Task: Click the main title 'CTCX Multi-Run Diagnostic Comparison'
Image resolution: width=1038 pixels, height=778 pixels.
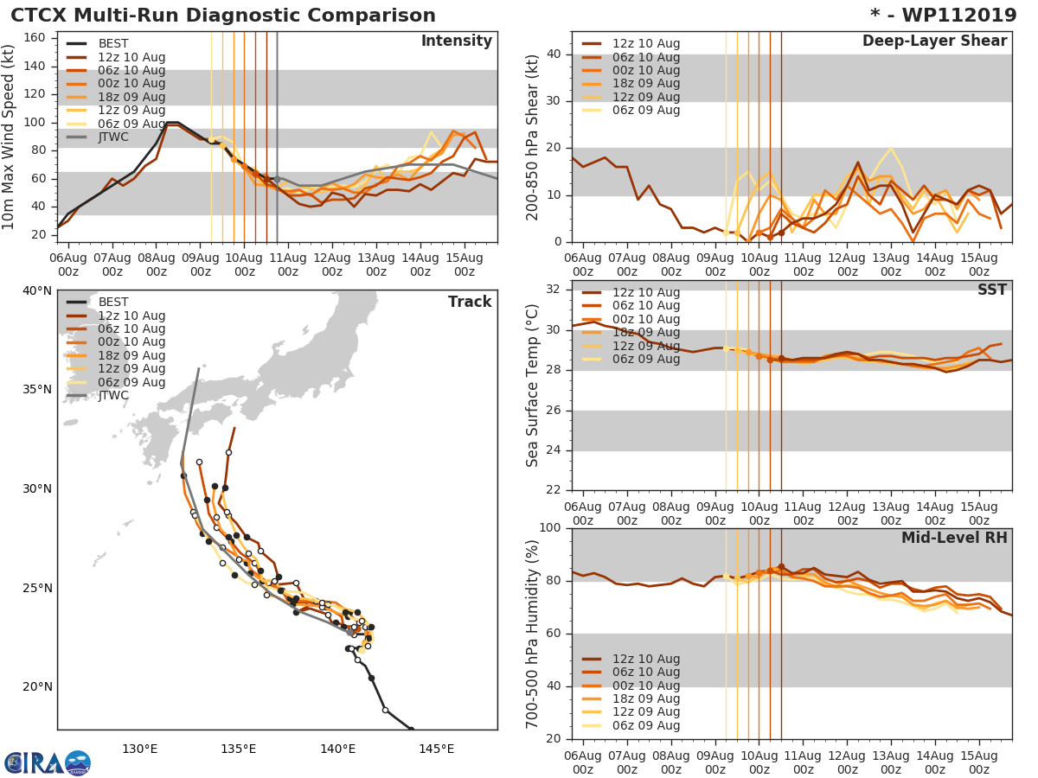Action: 223,16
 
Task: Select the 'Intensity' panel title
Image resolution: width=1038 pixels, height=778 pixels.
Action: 457,41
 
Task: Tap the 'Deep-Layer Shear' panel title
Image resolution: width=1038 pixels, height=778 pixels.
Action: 934,41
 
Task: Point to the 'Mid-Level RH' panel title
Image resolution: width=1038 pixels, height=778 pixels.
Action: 954,538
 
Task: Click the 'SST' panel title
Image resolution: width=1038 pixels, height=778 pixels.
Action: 992,290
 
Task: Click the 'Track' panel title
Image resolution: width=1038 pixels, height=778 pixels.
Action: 470,302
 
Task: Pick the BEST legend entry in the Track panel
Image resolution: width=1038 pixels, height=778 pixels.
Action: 113,302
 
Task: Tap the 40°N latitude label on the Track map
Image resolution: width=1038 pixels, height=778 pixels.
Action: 37,290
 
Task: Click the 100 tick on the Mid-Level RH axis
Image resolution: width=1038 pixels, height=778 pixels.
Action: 551,528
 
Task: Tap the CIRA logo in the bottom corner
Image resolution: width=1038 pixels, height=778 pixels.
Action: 48,762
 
